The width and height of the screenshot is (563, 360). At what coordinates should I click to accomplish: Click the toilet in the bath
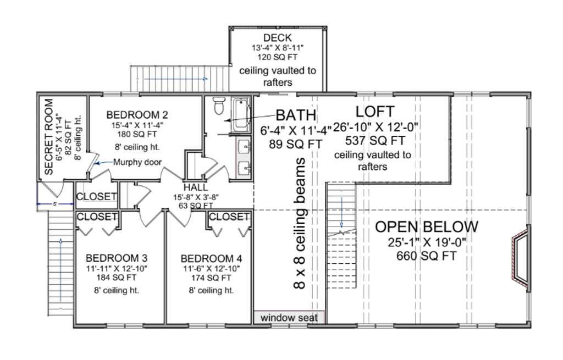point(218,106)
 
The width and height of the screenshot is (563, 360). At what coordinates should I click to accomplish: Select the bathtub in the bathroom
point(241,114)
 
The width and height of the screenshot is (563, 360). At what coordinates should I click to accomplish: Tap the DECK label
point(277,38)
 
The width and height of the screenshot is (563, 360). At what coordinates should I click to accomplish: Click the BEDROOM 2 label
point(137,115)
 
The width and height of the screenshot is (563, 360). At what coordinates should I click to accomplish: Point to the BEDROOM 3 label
point(117,258)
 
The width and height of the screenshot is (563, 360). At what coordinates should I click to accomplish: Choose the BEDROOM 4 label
point(211,258)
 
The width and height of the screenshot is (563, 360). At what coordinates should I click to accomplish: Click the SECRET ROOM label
point(48,137)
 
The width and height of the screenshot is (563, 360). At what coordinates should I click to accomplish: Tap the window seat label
point(289,318)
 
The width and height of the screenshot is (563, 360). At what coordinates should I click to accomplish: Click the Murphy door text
point(137,162)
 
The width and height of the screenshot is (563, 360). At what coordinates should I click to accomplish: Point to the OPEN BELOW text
point(427,227)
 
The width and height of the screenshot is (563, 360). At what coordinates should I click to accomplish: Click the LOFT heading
point(375,112)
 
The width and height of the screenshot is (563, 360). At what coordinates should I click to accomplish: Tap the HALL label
point(196,187)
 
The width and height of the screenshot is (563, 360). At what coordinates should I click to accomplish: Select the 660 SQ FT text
point(427,256)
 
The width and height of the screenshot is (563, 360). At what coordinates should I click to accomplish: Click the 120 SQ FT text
point(277,57)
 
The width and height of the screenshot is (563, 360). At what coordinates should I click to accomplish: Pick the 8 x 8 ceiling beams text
point(300,223)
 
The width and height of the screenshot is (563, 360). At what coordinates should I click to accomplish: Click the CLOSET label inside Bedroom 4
point(229,217)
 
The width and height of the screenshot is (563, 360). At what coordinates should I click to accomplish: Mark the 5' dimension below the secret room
point(55,204)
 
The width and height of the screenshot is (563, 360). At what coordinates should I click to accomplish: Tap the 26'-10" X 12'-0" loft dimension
point(376,127)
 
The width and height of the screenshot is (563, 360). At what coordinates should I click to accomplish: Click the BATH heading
point(296,115)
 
